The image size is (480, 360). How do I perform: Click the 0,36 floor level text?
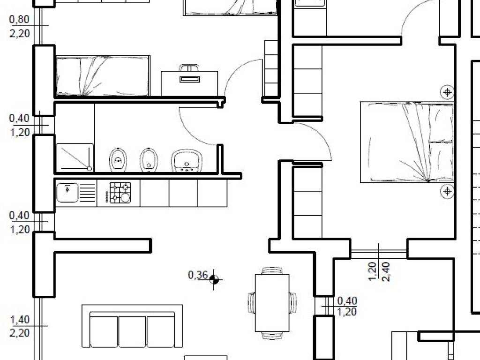(198, 275)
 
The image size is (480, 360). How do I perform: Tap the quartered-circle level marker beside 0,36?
(214, 279)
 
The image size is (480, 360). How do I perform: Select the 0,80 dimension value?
(20, 19)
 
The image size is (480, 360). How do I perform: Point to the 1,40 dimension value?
(20, 320)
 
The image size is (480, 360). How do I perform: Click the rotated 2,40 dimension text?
(386, 271)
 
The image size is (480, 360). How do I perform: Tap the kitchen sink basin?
(67, 193)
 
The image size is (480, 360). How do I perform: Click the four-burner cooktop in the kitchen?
(120, 193)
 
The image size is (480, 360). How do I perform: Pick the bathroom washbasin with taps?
(187, 160)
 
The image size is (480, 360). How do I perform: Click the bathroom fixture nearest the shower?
(118, 159)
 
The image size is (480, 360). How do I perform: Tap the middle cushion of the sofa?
(132, 331)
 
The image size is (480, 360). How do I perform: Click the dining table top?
(272, 303)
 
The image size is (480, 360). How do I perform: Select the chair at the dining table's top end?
(272, 270)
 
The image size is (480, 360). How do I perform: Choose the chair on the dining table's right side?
(293, 302)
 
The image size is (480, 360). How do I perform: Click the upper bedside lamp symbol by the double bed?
(447, 92)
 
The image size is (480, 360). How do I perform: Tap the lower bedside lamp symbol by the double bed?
(447, 191)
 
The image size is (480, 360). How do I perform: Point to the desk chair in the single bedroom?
(189, 67)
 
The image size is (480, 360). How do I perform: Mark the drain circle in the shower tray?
(89, 169)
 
